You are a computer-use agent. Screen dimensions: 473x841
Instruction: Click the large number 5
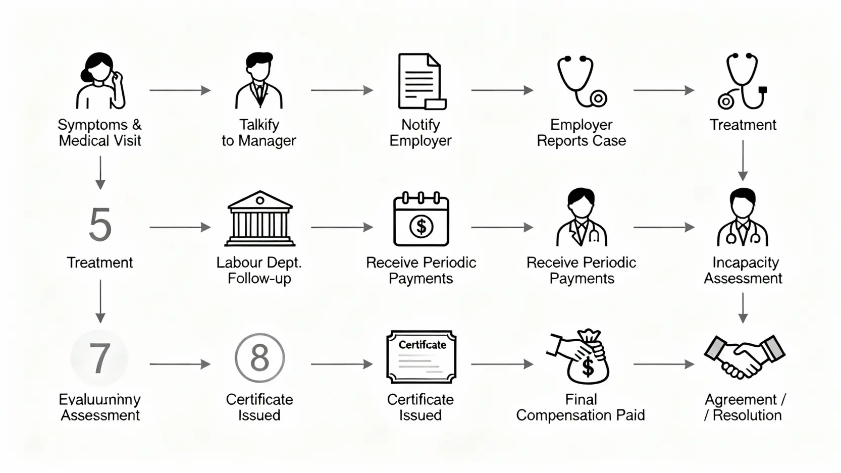click(x=99, y=225)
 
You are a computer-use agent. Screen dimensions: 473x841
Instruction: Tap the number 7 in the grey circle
click(x=99, y=358)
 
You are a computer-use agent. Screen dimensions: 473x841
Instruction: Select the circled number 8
click(x=259, y=358)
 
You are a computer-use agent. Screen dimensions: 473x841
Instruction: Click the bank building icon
click(x=259, y=219)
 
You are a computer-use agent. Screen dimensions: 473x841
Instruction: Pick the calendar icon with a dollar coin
click(x=421, y=220)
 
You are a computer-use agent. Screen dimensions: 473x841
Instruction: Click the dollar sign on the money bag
click(x=588, y=367)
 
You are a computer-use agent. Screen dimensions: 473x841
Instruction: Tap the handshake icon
click(x=744, y=356)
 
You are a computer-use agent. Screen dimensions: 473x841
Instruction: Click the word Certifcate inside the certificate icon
click(x=422, y=345)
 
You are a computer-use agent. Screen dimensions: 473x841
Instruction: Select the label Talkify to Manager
click(x=259, y=132)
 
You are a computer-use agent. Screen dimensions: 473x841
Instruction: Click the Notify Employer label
click(x=420, y=132)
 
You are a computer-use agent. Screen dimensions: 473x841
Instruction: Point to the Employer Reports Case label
click(x=581, y=132)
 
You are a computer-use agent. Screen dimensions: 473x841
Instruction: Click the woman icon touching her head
click(x=100, y=81)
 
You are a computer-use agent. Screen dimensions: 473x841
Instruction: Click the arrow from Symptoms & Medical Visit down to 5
click(x=100, y=172)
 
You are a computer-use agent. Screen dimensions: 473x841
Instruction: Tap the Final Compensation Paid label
click(x=581, y=407)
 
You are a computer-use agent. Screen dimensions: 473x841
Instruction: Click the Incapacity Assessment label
click(x=743, y=270)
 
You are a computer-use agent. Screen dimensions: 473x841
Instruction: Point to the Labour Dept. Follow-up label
click(x=259, y=270)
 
